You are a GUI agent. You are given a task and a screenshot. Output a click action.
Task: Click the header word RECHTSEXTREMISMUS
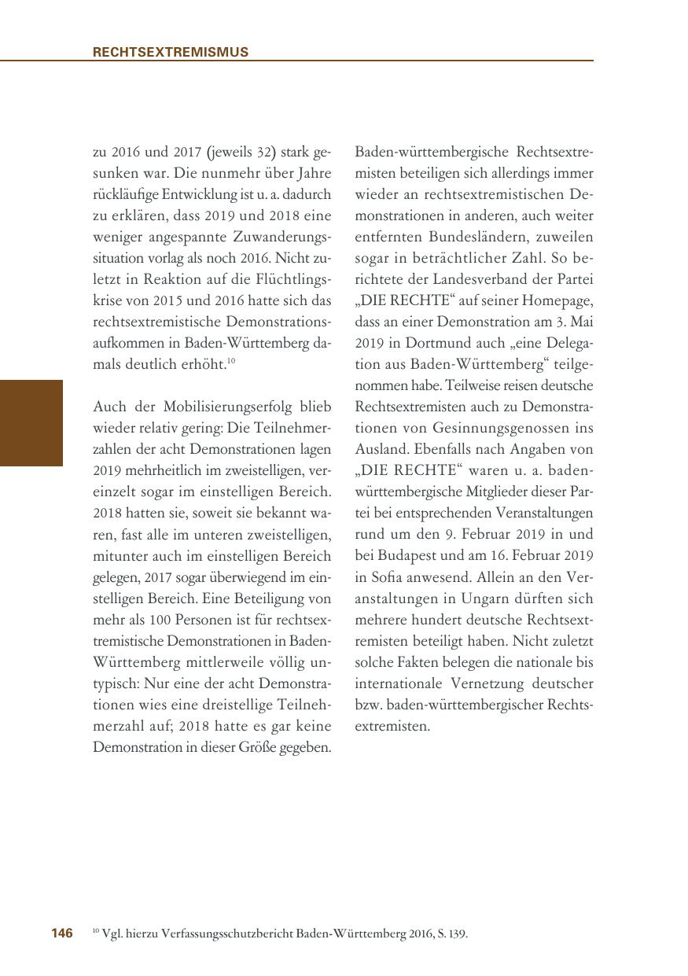[171, 52]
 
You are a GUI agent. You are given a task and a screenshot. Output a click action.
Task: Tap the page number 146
[62, 934]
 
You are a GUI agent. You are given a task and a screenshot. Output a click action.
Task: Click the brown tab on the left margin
[31, 423]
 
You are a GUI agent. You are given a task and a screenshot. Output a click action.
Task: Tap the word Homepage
[560, 301]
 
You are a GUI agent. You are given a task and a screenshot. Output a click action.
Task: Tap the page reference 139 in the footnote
[457, 934]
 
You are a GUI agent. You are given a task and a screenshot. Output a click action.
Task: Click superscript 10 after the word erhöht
[231, 362]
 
